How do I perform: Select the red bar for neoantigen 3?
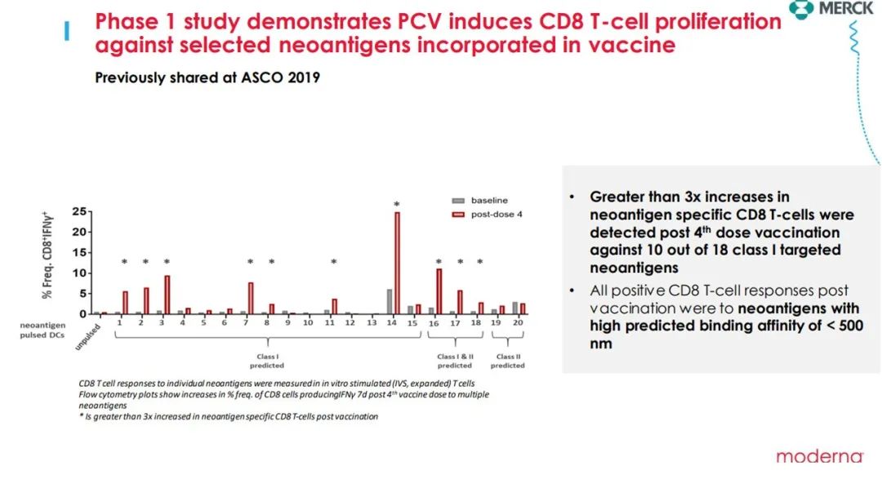tap(167, 295)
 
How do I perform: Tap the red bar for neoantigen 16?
tap(439, 291)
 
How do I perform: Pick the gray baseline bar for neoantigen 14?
tap(390, 302)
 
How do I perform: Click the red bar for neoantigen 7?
tap(251, 298)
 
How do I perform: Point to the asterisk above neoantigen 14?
tap(397, 205)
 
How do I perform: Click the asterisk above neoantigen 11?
tap(334, 262)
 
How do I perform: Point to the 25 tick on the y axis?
tap(79, 211)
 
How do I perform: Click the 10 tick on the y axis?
tap(79, 273)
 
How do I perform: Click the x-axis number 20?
tap(518, 323)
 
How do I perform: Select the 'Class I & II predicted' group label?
tap(455, 361)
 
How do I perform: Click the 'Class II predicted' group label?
tap(508, 361)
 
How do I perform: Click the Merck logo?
tap(842, 9)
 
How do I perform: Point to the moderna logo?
tap(819, 456)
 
